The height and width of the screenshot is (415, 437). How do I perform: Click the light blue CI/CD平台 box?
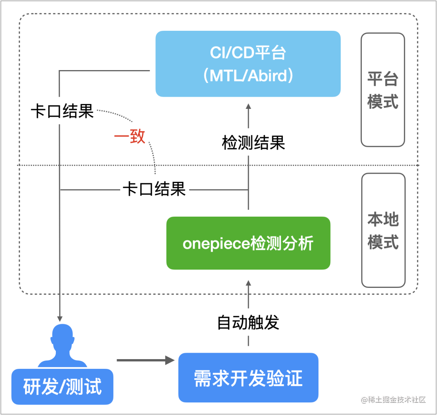tap(248, 64)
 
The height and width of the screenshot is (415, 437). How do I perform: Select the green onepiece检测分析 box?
tap(248, 243)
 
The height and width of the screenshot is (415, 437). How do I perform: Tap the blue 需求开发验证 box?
tap(248, 378)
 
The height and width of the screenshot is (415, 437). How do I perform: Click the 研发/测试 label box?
tap(62, 387)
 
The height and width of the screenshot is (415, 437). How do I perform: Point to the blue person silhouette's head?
tap(62, 335)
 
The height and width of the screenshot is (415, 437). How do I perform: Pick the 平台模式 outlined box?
tap(383, 90)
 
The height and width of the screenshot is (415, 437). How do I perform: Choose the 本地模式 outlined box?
tap(383, 230)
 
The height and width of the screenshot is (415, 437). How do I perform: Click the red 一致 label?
tap(130, 136)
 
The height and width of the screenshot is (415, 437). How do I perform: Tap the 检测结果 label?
tap(253, 143)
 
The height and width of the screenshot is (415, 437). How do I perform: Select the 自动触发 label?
tap(248, 322)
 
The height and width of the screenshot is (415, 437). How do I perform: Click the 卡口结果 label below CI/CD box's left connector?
tap(62, 111)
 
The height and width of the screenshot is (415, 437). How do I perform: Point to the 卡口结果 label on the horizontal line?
tap(155, 189)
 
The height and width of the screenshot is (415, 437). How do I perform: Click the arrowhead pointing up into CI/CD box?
tap(248, 106)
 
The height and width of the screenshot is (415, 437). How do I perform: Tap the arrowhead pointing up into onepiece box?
tap(248, 283)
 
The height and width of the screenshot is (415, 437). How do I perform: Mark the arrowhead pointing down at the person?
tap(59, 319)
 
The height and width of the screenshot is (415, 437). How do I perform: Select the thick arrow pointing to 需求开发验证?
tap(146, 360)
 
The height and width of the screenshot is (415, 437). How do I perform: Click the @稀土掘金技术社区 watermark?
tap(393, 400)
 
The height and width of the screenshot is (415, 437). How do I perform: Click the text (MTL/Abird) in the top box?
tap(248, 75)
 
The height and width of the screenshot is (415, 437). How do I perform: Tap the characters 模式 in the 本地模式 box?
tap(383, 242)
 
